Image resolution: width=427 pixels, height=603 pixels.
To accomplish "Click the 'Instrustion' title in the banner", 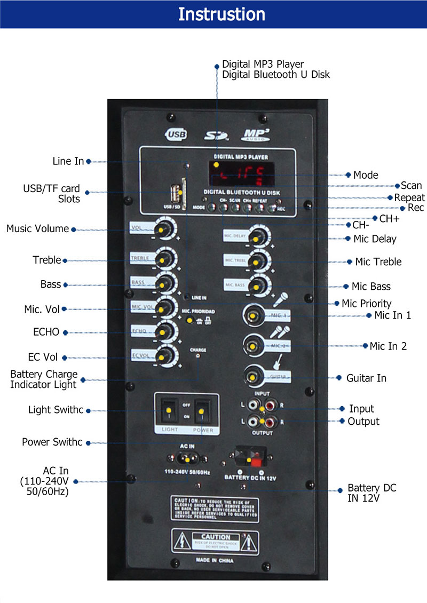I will coord(221,14).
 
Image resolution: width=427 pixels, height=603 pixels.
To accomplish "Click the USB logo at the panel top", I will coord(177,134).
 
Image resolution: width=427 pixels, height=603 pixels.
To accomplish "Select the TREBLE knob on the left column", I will coord(165,259).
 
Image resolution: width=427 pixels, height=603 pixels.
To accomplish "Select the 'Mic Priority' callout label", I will coord(366,303).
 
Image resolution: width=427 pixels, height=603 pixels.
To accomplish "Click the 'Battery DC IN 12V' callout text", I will coord(372,493).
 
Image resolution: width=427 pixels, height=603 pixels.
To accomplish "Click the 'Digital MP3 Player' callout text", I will coord(263,64).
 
